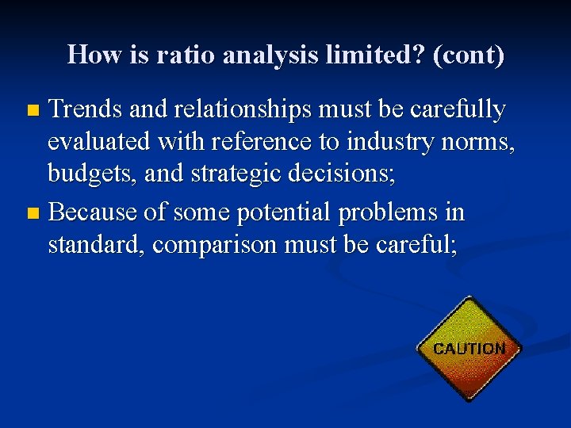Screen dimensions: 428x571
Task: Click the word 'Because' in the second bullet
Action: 98,212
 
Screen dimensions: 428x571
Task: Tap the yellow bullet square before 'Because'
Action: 33,213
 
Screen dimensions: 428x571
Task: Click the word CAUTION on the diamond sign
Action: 469,348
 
